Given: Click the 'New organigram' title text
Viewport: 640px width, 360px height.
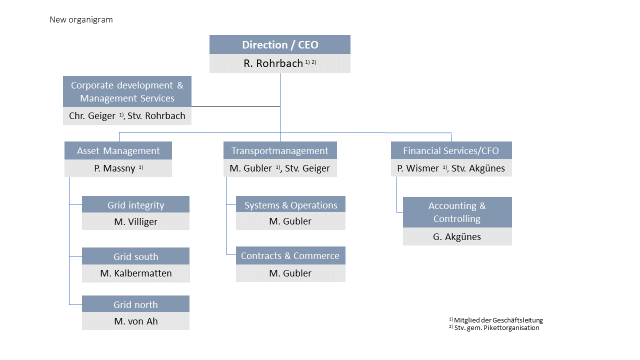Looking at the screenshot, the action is click(81, 19).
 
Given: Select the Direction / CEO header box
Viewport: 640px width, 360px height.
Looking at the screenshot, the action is click(279, 44).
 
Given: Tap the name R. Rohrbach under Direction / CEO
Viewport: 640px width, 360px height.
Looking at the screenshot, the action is click(273, 63).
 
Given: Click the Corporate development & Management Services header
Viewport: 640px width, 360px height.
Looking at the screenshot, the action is click(127, 91).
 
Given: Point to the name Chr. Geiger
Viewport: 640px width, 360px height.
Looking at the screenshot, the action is click(92, 115).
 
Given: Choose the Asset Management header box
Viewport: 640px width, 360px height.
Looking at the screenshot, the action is click(118, 150).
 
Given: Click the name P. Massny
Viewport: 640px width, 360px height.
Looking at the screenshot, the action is click(114, 168).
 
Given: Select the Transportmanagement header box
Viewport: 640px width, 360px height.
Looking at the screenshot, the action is click(280, 150).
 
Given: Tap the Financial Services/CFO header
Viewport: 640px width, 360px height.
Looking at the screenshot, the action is click(451, 150).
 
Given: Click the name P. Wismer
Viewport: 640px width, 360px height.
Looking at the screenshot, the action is click(417, 168).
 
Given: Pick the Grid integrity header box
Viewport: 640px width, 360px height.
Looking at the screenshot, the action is click(135, 204).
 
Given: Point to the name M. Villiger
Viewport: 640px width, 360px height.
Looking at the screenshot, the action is click(135, 221).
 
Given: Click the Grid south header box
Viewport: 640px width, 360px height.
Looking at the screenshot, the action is click(135, 256).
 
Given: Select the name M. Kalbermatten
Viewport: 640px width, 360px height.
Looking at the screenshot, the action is click(136, 273).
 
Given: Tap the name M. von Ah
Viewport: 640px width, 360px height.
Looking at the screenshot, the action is click(136, 321).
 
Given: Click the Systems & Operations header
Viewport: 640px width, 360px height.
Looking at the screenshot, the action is click(290, 204).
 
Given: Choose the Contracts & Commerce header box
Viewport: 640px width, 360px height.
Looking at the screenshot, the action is click(290, 255).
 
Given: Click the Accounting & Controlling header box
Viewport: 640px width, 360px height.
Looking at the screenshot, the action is click(457, 212).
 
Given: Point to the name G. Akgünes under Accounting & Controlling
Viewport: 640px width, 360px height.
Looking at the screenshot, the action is click(457, 237).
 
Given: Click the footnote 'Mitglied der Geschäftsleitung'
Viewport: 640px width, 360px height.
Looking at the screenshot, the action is click(498, 320).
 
